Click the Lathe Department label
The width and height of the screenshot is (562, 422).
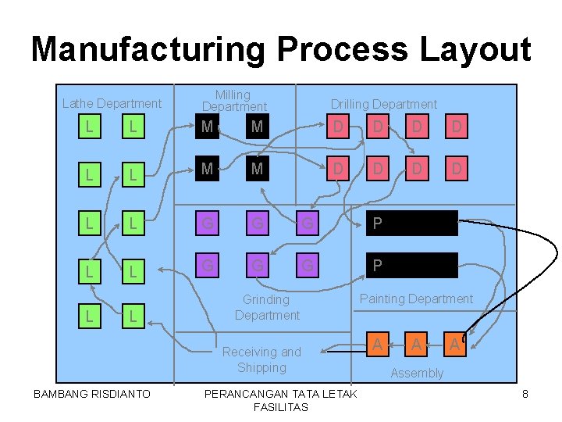click(112, 103)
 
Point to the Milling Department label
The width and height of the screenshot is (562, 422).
click(233, 101)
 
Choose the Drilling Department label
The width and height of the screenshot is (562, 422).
click(383, 104)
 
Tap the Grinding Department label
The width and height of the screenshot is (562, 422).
click(266, 307)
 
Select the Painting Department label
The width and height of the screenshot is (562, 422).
click(415, 299)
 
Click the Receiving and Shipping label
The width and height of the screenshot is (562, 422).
click(261, 359)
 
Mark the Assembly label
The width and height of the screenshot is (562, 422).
click(416, 373)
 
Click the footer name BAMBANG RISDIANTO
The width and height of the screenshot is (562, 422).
click(92, 394)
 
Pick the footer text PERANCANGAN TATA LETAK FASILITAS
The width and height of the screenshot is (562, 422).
click(280, 400)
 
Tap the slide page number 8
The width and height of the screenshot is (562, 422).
click(525, 394)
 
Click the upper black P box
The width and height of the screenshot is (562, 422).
click(412, 224)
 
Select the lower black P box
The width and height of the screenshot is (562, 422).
click(412, 266)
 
